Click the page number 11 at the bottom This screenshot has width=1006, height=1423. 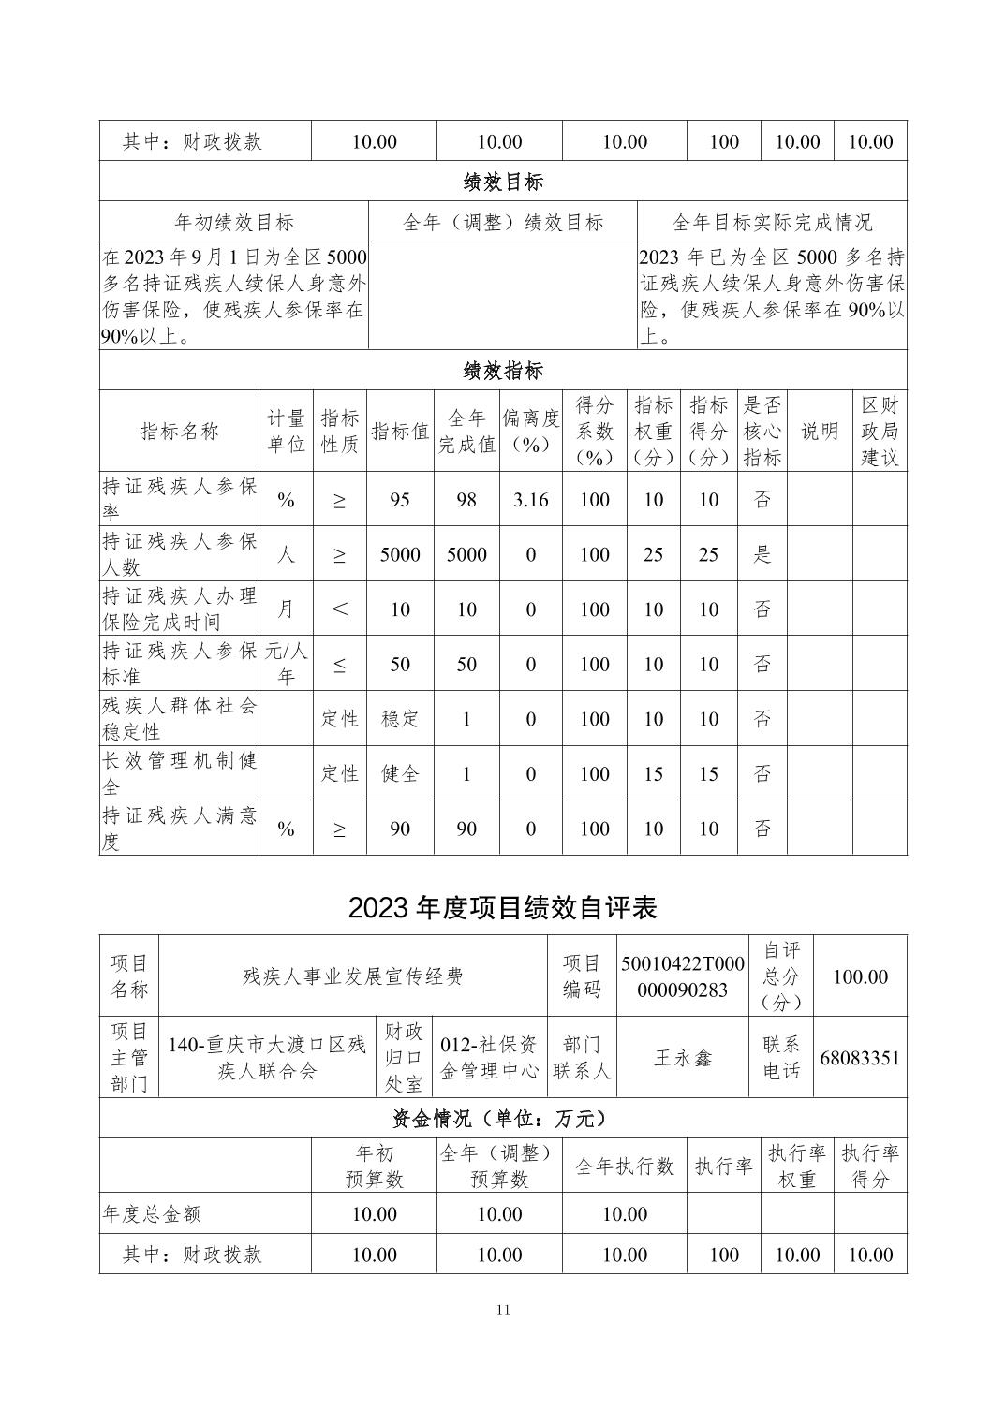[503, 1310]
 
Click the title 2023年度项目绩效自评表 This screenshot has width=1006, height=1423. [503, 907]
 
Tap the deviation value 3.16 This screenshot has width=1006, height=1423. [530, 500]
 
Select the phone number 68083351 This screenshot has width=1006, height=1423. [859, 1058]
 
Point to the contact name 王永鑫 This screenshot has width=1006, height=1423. [683, 1058]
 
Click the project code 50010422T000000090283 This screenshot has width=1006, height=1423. [683, 976]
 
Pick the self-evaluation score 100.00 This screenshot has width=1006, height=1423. [860, 976]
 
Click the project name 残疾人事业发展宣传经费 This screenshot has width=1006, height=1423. [353, 976]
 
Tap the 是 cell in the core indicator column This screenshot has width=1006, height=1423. [762, 554]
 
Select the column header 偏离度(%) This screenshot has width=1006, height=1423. [530, 432]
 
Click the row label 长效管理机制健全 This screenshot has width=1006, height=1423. [179, 773]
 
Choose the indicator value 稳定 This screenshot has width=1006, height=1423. [400, 719]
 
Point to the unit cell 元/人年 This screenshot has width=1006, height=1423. [286, 664]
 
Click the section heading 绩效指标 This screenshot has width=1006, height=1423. [503, 371]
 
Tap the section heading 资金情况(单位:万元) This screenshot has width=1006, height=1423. [503, 1119]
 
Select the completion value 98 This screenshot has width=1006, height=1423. [466, 500]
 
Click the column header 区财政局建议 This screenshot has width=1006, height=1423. [880, 432]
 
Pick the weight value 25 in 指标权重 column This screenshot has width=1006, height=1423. [653, 554]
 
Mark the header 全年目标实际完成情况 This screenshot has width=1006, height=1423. [772, 223]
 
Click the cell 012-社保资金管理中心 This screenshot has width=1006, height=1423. [490, 1058]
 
